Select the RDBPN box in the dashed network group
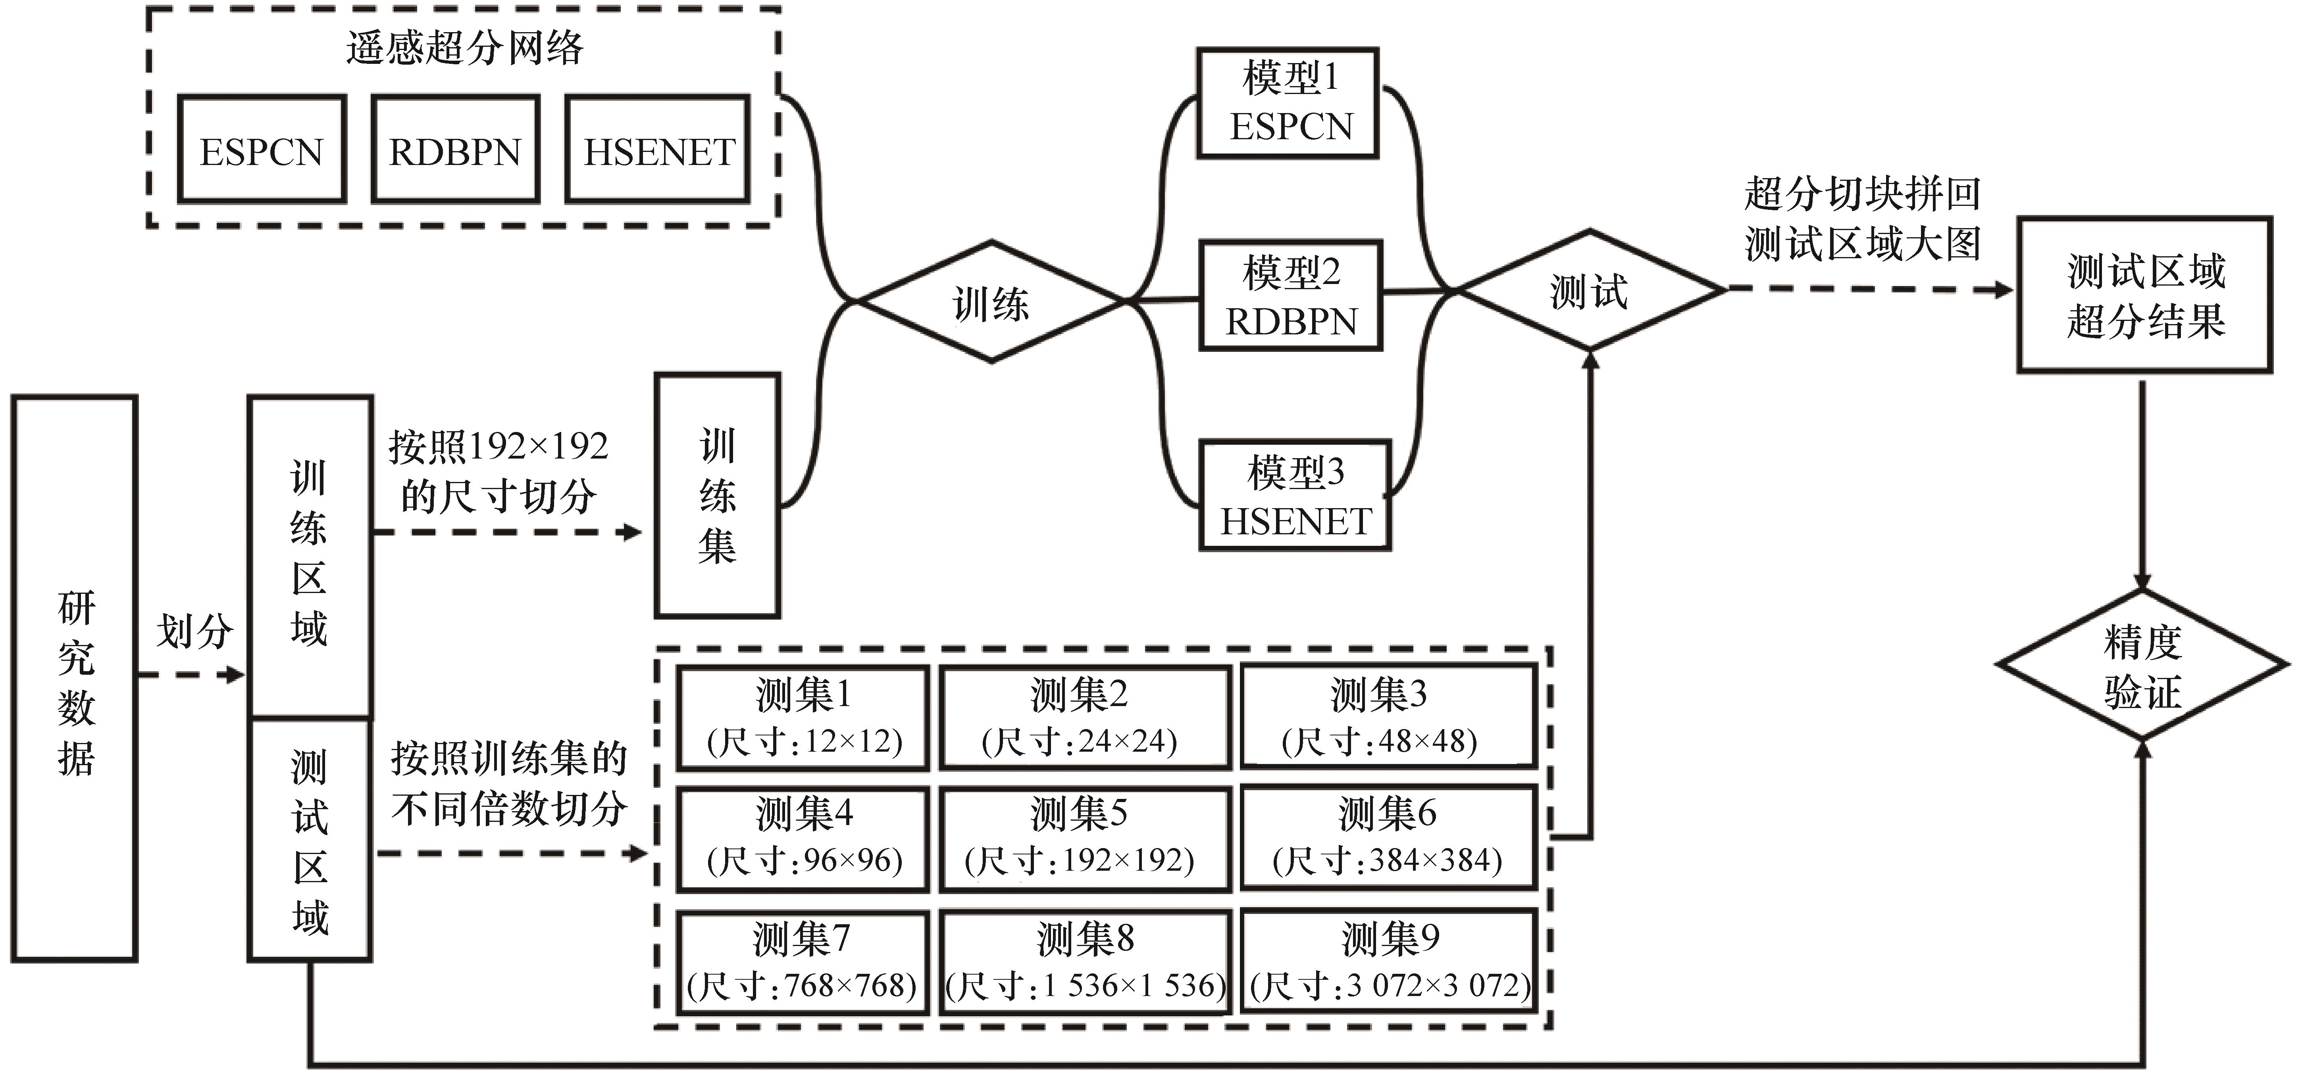coord(455,149)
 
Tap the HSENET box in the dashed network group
coord(658,149)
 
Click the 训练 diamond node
coord(990,302)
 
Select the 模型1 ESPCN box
coord(1288,103)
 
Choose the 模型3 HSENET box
coord(1295,495)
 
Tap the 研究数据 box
coord(75,679)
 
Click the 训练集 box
coord(717,496)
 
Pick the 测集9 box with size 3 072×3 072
coord(1389,961)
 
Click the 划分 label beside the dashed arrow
coord(195,631)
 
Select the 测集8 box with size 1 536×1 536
coord(1084,961)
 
